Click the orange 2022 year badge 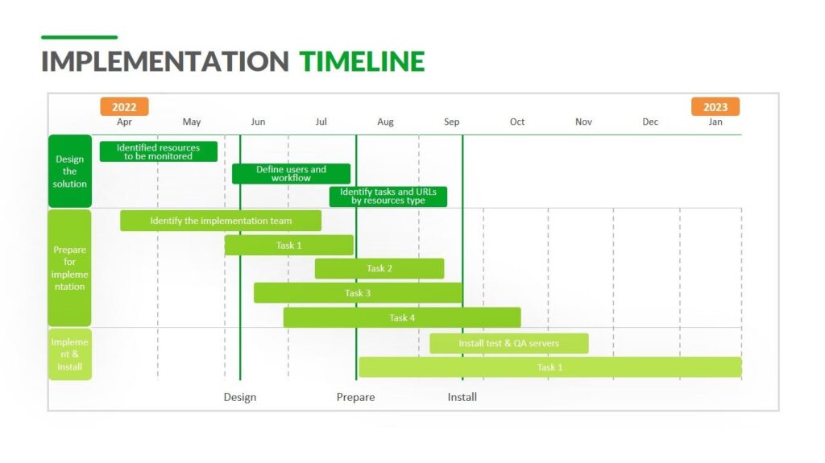pyautogui.click(x=124, y=107)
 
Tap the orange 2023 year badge pyautogui.click(x=715, y=107)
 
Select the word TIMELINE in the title pyautogui.click(x=362, y=62)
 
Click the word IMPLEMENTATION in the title pyautogui.click(x=165, y=62)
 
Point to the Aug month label pyautogui.click(x=386, y=122)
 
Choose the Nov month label pyautogui.click(x=583, y=122)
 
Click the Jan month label pyautogui.click(x=715, y=122)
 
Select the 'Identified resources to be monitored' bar pyautogui.click(x=159, y=152)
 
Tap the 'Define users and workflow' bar pyautogui.click(x=291, y=174)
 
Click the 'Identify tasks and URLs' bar pyautogui.click(x=388, y=196)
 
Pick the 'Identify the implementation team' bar pyautogui.click(x=221, y=221)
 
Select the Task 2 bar pyautogui.click(x=379, y=269)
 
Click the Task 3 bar pyautogui.click(x=358, y=293)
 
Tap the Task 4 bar pyautogui.click(x=402, y=318)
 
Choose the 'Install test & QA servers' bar pyautogui.click(x=508, y=344)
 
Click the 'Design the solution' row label pyautogui.click(x=70, y=172)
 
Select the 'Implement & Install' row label pyautogui.click(x=70, y=354)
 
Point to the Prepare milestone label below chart pyautogui.click(x=355, y=397)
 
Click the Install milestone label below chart pyautogui.click(x=462, y=397)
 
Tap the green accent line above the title pyautogui.click(x=79, y=37)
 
